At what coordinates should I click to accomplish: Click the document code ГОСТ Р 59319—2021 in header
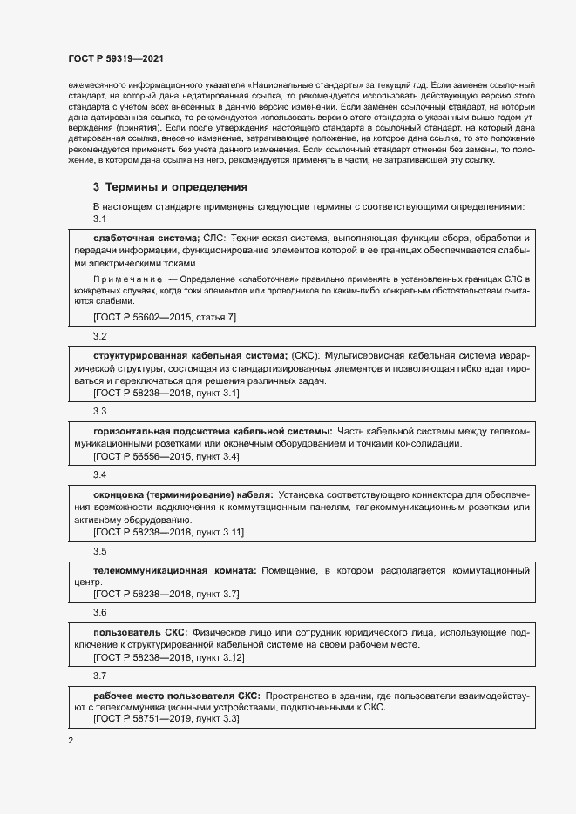pos(116,58)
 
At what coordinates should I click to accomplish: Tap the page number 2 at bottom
pos(71,741)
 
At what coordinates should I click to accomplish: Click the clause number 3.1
pos(99,219)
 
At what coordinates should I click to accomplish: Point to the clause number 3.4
pos(99,474)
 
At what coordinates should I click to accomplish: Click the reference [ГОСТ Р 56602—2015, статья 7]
pos(164,318)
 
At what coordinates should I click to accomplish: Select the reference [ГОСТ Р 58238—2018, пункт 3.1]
pos(166,394)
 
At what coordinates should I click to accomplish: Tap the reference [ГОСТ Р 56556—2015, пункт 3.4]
pos(166,456)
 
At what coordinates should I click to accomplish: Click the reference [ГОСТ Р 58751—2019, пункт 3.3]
pos(166,720)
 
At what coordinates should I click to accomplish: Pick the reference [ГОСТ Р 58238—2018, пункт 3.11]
pos(168,532)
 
